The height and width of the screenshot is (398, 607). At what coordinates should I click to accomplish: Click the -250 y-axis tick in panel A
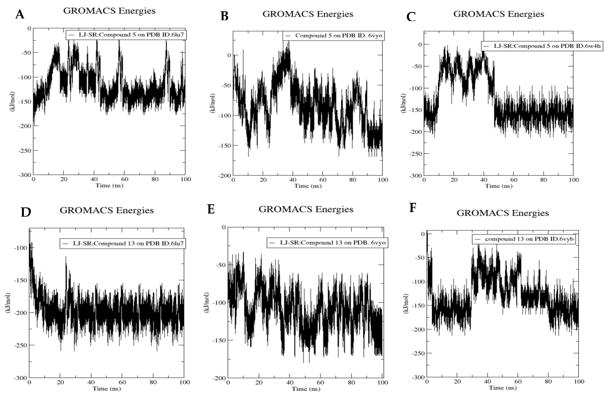click(25, 151)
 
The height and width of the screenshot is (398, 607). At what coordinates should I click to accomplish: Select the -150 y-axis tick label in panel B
click(224, 146)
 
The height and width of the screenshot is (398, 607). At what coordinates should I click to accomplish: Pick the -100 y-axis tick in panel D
click(20, 248)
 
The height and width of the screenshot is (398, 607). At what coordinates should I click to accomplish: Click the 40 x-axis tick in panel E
click(290, 382)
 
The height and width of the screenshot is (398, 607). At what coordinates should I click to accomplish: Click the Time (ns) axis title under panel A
click(109, 185)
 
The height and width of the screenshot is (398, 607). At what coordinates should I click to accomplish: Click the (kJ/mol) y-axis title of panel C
click(403, 103)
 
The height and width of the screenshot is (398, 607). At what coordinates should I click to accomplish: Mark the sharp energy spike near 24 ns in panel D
click(66, 257)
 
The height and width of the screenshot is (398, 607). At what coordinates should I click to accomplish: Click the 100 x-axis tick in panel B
click(383, 180)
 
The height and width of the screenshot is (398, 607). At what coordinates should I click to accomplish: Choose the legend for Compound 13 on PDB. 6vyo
click(327, 243)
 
